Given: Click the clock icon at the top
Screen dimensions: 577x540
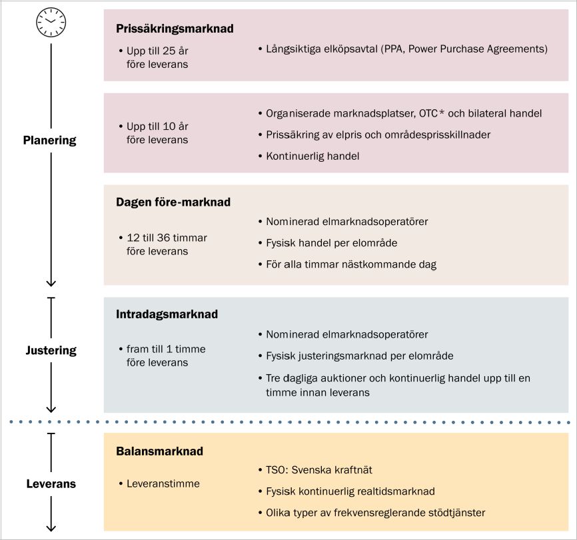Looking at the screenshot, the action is point(51,22).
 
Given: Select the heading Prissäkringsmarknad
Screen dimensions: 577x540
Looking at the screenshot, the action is point(175,29).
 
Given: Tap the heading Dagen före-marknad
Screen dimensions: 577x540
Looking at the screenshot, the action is point(173,202).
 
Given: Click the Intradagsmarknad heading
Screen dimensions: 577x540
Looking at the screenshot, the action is point(167,314).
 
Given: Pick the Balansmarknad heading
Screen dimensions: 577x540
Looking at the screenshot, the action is point(159,451).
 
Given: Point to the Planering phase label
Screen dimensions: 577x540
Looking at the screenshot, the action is point(50,140).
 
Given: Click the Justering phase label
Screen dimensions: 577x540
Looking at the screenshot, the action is point(51,350).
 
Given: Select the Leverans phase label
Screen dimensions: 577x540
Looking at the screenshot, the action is point(51,483).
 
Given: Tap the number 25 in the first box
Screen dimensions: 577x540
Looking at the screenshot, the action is point(169,51).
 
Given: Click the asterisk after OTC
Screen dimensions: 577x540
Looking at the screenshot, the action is point(442,112).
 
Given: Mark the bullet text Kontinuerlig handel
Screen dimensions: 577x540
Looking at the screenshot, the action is point(312,156).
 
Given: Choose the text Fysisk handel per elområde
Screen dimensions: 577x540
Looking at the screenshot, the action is point(332,243).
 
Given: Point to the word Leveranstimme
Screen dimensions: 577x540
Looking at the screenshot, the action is point(163,483).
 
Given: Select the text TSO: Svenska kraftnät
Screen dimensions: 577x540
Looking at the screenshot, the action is point(319,469).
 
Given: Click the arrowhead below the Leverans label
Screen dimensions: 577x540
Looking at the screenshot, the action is point(51,528).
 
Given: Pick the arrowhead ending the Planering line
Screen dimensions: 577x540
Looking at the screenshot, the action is point(51,282).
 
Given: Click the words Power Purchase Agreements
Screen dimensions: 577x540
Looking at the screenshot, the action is point(477,49).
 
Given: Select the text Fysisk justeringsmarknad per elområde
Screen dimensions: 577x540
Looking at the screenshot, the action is point(360,356).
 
